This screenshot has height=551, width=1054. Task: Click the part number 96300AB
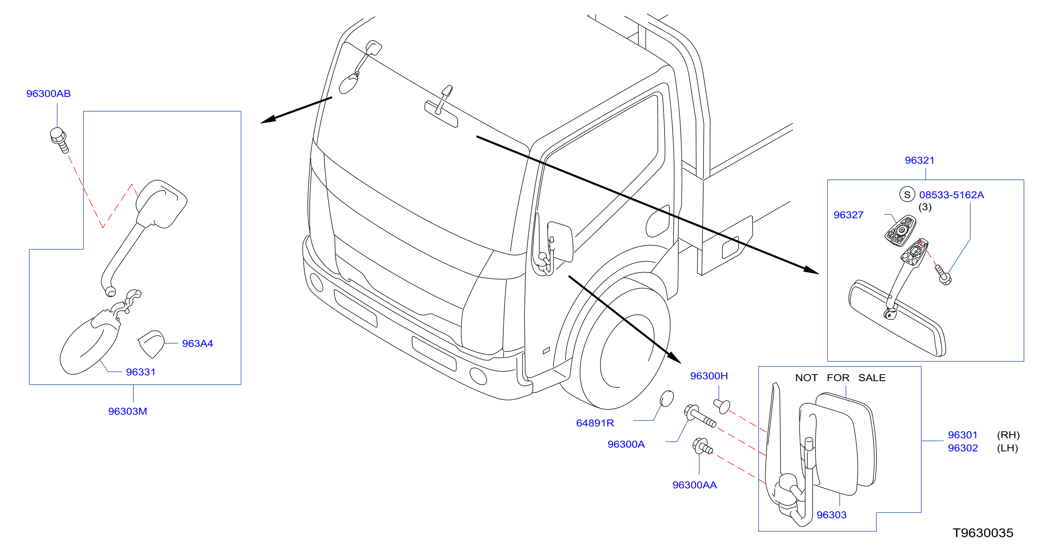48,94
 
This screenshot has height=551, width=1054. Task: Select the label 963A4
197,343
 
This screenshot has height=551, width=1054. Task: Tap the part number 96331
141,372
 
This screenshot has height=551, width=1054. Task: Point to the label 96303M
127,411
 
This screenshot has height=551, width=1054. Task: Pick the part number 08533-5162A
951,195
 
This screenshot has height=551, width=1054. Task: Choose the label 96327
848,215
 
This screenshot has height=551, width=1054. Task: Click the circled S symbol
907,195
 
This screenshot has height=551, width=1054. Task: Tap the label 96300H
709,376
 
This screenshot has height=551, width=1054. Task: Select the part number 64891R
595,423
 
